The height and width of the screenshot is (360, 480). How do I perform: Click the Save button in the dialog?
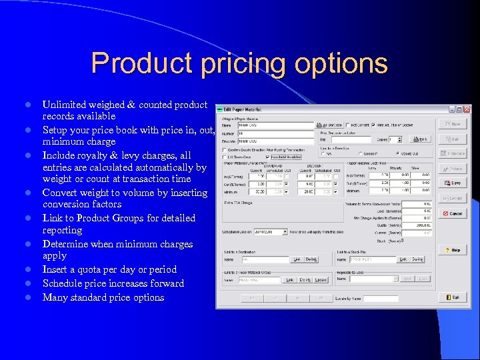coord(453,182)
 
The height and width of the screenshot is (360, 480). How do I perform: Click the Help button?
coord(453,250)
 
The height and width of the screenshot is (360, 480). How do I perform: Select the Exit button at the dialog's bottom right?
coord(453,297)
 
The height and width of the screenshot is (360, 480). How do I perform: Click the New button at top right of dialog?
coord(453,124)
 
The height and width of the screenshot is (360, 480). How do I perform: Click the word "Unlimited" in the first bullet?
coord(65,105)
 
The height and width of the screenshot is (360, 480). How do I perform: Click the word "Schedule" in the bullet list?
coord(63,283)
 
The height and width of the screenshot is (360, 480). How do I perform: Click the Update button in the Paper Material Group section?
coord(321,280)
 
